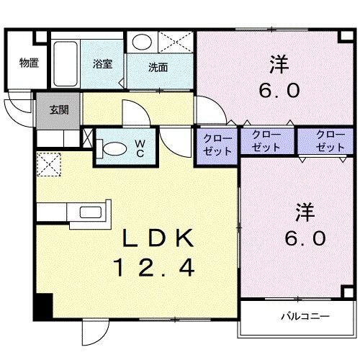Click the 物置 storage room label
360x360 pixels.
click(x=29, y=63)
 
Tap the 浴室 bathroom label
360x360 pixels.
click(x=102, y=64)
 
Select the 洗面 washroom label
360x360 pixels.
click(x=158, y=68)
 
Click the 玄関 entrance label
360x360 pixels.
click(x=59, y=110)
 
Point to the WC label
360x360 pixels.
click(x=140, y=148)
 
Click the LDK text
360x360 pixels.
click(x=158, y=238)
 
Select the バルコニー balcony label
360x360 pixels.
click(x=305, y=316)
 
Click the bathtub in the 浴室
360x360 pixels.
click(x=66, y=64)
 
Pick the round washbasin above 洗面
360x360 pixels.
click(x=142, y=42)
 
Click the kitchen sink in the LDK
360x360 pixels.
click(x=90, y=212)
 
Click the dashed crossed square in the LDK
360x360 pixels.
click(x=49, y=164)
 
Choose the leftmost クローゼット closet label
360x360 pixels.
click(x=217, y=145)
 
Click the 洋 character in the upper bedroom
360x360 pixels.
click(x=279, y=64)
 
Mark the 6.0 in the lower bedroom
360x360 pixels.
click(x=305, y=238)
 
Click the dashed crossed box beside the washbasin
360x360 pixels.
click(x=176, y=42)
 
